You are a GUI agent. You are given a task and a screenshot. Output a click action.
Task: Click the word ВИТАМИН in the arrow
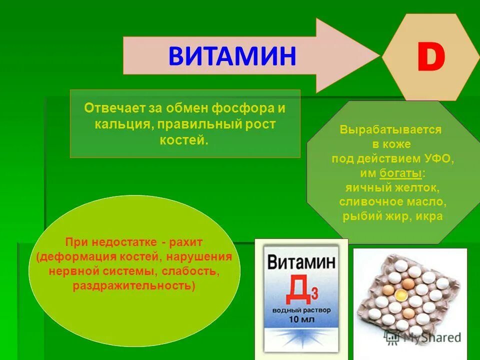click(232, 55)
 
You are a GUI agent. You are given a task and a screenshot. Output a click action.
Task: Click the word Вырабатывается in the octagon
click(391, 130)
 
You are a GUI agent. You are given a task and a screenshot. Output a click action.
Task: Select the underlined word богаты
click(401, 173)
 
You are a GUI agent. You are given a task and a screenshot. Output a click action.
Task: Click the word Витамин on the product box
click(301, 262)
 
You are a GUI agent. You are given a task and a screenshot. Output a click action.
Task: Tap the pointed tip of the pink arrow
click(378, 55)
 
